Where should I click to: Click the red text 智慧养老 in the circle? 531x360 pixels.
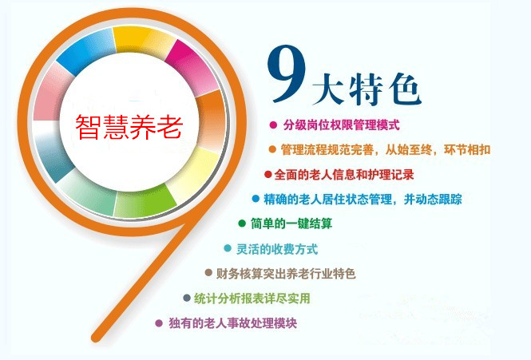click(129, 127)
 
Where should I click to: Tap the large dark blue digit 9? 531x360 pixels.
click(287, 73)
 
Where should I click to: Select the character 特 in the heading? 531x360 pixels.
click(366, 89)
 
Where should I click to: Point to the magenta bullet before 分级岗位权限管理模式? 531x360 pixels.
click(273, 125)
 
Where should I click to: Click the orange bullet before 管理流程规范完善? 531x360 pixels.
click(272, 149)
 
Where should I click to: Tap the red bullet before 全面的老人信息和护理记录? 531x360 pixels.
click(267, 174)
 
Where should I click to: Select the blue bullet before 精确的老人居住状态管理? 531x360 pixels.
click(256, 199)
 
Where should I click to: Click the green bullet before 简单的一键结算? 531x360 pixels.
click(242, 224)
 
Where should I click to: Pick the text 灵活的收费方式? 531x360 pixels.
click(277, 249)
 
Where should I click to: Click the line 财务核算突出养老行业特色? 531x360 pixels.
click(286, 274)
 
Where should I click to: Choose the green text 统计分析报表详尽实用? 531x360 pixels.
click(252, 299)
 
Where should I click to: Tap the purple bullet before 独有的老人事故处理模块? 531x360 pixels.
click(158, 323)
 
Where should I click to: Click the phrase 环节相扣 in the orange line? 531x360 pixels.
click(467, 149)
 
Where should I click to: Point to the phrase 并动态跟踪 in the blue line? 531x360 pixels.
click(433, 199)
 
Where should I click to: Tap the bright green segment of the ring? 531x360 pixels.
click(145, 203)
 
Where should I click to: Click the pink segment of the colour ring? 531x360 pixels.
click(51, 93)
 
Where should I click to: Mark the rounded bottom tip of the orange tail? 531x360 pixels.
click(96, 337)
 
